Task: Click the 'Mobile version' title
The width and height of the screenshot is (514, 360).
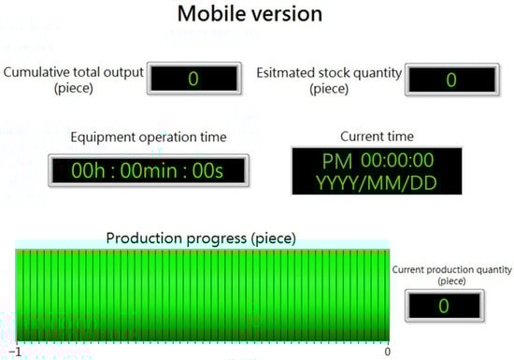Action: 250,14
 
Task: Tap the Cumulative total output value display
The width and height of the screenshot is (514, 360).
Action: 194,79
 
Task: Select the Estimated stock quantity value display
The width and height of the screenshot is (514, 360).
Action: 452,79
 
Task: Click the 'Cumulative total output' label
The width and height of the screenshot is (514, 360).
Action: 74,72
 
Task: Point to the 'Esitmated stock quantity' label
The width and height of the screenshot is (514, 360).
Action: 329,73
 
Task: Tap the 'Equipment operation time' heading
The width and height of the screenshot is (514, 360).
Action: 149,137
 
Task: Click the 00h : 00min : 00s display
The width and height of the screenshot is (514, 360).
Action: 149,170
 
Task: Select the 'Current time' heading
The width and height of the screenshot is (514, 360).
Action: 377,137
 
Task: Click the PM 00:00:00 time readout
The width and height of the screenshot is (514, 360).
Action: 378,160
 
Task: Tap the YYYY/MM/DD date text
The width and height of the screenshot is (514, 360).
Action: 377,183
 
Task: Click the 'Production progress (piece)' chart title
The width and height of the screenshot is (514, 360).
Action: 201,238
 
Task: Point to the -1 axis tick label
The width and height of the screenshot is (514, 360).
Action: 15,352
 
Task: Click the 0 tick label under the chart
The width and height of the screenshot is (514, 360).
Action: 388,352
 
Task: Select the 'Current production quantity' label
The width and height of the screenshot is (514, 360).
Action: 451,270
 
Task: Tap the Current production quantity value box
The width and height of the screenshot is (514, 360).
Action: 445,306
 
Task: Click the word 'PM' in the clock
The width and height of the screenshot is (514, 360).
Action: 337,161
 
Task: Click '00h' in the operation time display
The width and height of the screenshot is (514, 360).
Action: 88,171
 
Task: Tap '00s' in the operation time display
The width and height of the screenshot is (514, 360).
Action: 207,171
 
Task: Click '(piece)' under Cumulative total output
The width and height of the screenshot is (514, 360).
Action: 74,88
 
